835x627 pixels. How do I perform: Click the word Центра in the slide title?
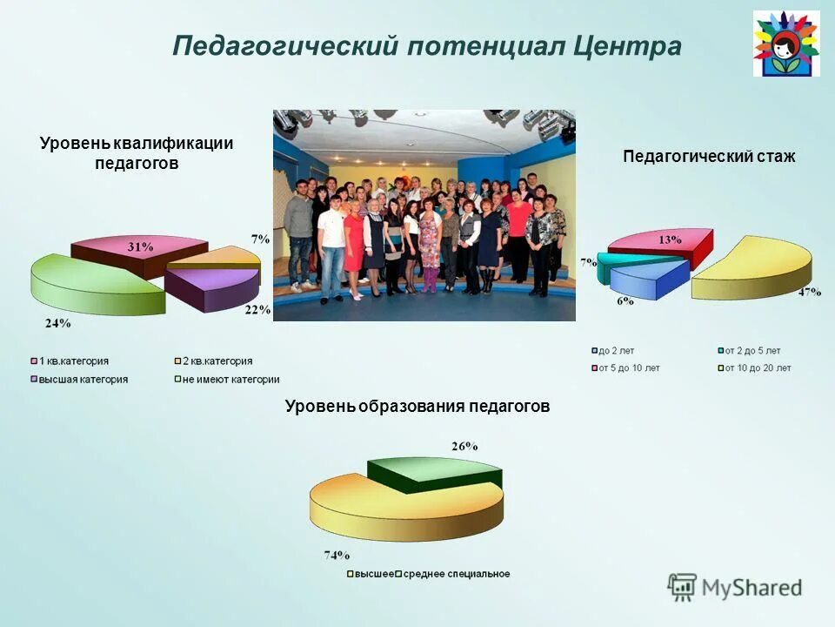point(626,46)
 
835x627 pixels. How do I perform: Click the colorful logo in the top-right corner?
point(785,44)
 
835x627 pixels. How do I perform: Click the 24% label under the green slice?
point(58,322)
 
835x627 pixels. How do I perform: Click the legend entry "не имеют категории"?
point(230,380)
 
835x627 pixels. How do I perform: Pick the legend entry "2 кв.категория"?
point(217,361)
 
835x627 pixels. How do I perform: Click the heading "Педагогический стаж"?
point(709,157)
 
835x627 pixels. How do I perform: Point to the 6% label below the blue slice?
point(625,300)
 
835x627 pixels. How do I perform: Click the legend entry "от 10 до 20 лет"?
point(755,368)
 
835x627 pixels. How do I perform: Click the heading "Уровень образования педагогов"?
point(417,407)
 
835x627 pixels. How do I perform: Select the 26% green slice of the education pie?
point(435,471)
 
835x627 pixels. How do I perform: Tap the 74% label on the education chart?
point(337,554)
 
